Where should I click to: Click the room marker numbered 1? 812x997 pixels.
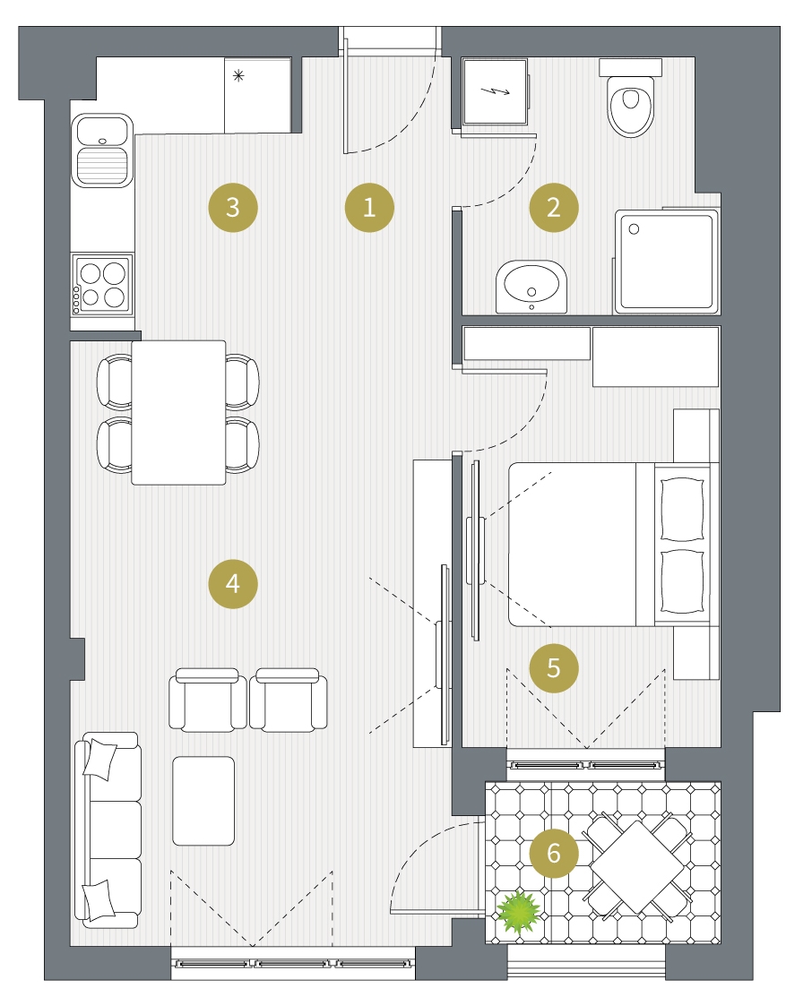(x=369, y=207)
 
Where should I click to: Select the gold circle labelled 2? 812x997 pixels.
(x=554, y=207)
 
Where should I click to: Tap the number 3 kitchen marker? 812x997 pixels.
(x=233, y=207)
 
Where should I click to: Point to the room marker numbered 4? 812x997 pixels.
(x=233, y=584)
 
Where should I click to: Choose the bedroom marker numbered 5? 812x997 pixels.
(x=554, y=667)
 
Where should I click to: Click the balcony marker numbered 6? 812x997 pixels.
(x=554, y=853)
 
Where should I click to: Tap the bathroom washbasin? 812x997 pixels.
(x=531, y=286)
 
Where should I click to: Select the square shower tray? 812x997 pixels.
(x=666, y=261)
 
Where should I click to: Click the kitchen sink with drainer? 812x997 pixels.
(x=102, y=150)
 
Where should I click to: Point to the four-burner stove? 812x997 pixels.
(x=102, y=285)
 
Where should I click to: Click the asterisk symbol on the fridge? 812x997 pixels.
(x=238, y=76)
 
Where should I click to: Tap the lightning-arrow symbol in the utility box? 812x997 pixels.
(x=495, y=91)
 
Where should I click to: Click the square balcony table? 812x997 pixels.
(x=636, y=867)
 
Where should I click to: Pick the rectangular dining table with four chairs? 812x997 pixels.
(x=179, y=413)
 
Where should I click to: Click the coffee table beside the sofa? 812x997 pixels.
(x=203, y=801)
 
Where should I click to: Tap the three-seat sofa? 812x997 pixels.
(x=108, y=829)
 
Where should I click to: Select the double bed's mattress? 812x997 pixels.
(x=572, y=545)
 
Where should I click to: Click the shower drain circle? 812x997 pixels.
(x=634, y=229)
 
